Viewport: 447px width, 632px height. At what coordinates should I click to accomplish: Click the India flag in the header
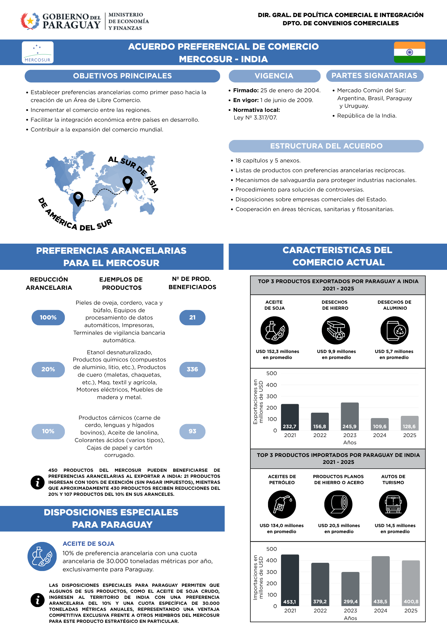point(409,52)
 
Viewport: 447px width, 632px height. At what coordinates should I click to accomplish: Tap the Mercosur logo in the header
point(38,52)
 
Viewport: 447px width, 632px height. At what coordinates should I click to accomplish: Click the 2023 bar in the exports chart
point(350,416)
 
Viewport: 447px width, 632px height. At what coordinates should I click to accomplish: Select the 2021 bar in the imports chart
point(290,580)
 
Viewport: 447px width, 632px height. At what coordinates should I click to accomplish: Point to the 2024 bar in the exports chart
point(380,424)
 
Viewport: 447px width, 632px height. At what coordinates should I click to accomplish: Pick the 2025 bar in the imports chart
point(411,583)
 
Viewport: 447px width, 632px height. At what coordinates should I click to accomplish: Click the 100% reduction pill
point(48,318)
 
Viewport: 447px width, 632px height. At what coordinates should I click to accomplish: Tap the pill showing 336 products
point(192,369)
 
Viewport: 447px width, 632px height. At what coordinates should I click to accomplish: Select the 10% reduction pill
point(48,431)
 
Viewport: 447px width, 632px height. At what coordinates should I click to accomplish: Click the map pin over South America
point(78,199)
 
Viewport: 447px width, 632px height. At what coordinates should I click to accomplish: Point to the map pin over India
point(127,183)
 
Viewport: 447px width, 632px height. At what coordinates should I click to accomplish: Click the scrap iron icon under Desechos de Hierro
point(336,331)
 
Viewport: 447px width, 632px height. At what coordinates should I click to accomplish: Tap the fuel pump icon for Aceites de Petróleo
point(282,504)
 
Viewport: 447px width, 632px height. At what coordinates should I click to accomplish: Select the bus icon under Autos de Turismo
point(393,504)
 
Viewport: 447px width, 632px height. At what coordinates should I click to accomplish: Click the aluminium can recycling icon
point(395,331)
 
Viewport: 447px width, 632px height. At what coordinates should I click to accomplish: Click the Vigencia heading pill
point(274,76)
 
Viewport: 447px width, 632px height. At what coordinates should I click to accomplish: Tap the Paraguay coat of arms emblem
point(30,21)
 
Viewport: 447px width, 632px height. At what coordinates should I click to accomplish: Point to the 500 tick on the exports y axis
point(272,373)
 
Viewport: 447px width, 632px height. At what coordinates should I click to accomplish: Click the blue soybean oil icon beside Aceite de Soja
point(42,556)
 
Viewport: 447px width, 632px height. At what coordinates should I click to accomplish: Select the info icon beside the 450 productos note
point(37,483)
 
